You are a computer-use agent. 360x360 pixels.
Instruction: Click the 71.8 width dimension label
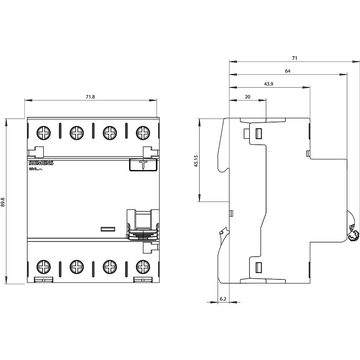click(90, 97)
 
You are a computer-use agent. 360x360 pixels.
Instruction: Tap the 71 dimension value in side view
click(294, 58)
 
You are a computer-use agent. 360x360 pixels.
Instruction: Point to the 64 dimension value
click(287, 71)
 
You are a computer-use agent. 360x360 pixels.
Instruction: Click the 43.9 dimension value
click(269, 84)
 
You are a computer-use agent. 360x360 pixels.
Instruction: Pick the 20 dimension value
click(248, 96)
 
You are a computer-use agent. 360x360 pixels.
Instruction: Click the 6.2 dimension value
click(223, 299)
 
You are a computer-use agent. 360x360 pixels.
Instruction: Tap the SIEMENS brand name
click(41, 163)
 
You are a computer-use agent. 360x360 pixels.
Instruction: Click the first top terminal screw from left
click(44, 133)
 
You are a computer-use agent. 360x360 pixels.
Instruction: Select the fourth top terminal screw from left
click(143, 133)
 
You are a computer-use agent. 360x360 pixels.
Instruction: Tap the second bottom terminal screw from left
click(77, 266)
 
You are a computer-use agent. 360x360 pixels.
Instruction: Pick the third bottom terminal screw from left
click(110, 266)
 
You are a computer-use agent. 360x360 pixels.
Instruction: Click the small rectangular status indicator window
click(107, 229)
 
